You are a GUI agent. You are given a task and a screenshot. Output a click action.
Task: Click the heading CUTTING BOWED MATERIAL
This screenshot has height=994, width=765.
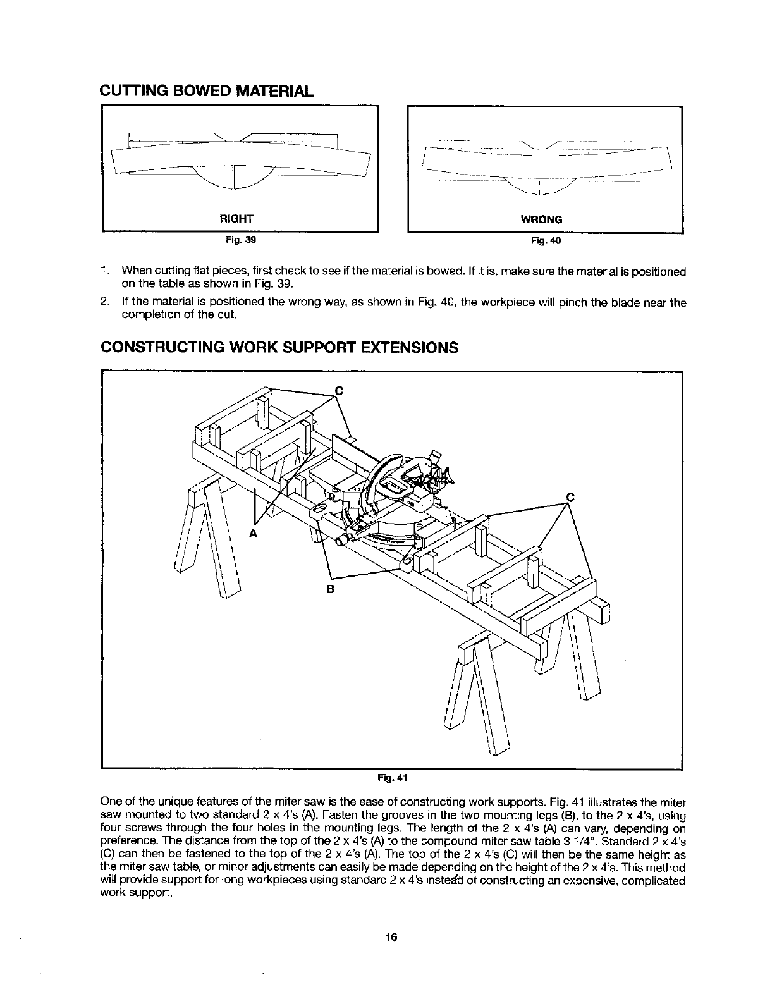coord(206,90)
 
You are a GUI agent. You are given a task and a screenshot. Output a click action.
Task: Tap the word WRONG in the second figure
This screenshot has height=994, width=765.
coord(541,219)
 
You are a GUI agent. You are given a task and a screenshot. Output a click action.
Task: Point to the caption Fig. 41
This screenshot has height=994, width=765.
coord(392,775)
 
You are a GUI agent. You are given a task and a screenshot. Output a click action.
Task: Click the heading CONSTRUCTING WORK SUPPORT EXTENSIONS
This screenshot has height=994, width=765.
coord(279,348)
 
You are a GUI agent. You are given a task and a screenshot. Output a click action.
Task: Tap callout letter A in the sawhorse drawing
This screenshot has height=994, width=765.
coord(253,533)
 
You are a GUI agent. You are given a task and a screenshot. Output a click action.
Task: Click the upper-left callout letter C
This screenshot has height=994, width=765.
coord(338,390)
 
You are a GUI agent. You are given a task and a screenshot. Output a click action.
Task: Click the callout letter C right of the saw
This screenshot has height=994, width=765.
coord(570,497)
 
